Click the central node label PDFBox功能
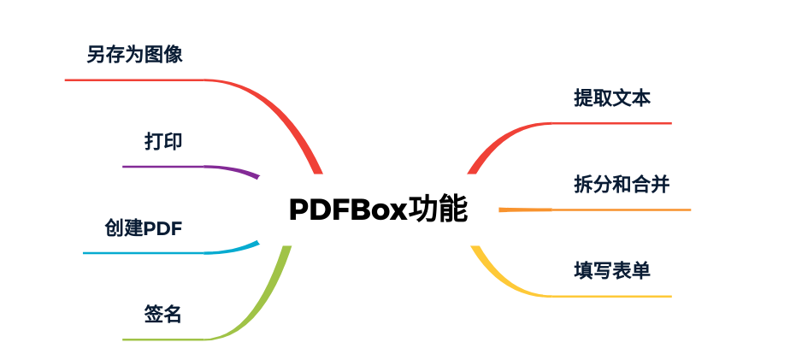click(x=378, y=210)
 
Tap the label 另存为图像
click(x=135, y=56)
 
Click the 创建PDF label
click(x=144, y=228)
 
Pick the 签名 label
click(x=163, y=315)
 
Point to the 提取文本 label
click(x=612, y=98)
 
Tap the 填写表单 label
click(x=612, y=271)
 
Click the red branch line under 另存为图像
click(x=137, y=80)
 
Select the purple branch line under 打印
click(x=171, y=166)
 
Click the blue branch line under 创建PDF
click(x=145, y=253)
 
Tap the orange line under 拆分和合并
click(x=616, y=210)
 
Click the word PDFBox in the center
click(x=346, y=210)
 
